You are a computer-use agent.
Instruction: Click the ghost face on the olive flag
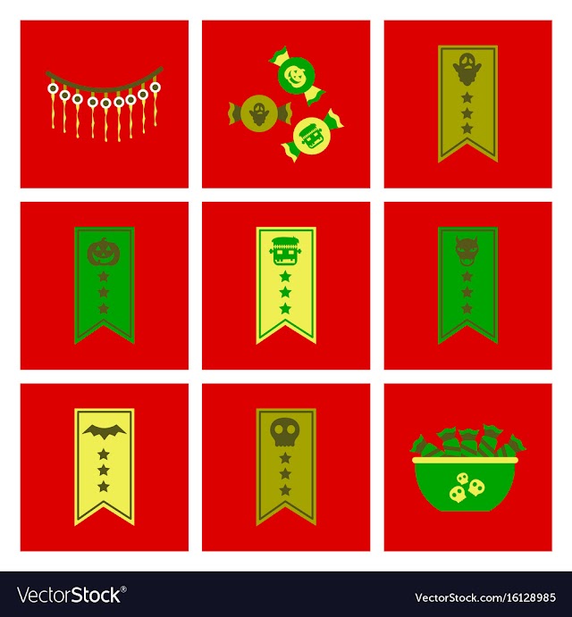467,69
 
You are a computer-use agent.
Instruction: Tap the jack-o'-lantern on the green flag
103,252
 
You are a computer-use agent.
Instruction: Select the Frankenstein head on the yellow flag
285,252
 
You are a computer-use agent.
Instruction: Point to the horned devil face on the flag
467,252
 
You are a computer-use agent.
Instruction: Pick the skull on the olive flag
285,431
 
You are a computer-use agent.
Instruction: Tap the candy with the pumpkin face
296,76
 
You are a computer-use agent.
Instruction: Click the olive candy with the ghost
259,113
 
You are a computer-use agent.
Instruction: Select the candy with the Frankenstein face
313,136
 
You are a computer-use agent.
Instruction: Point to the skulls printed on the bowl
467,488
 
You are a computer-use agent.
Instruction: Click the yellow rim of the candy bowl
466,460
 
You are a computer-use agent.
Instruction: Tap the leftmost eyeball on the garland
53,88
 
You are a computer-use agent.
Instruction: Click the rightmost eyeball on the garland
156,87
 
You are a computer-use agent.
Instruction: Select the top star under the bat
104,454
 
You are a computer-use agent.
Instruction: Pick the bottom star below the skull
285,490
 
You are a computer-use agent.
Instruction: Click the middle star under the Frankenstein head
285,292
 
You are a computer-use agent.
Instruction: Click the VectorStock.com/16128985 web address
485,597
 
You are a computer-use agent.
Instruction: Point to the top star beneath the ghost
467,96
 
